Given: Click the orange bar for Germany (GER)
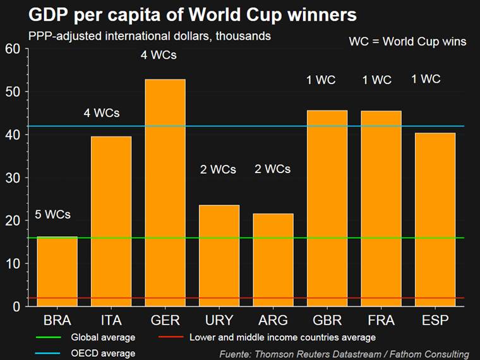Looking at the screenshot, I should [x=165, y=193].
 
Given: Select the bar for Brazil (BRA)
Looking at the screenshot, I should [x=57, y=272].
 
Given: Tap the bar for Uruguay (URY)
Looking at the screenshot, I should [x=219, y=256].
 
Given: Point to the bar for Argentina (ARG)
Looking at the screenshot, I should [x=273, y=260].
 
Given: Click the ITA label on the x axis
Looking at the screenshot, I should [x=111, y=320].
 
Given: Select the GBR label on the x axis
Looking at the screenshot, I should [x=327, y=320].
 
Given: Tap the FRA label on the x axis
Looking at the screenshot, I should [x=381, y=320].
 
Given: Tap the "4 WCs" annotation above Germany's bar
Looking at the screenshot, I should [x=159, y=55].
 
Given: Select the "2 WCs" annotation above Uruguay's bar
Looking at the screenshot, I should [x=218, y=169].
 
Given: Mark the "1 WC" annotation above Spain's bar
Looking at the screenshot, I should [x=426, y=79].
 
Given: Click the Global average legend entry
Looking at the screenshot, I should [x=94, y=337].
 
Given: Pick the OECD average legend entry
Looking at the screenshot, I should [x=94, y=353].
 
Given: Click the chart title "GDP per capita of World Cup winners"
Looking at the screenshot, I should [x=184, y=15].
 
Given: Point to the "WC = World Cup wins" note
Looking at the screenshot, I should [x=407, y=42].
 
